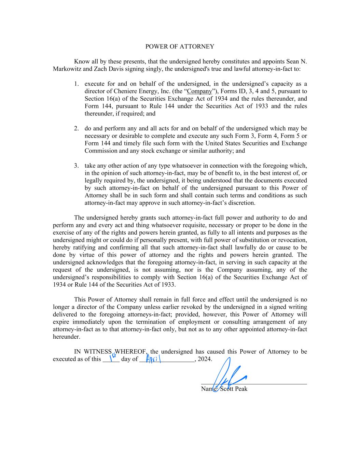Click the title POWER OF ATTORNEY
click(180, 46)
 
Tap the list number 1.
click(77, 84)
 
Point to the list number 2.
click(77, 129)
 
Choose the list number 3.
click(77, 166)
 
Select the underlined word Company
click(200, 91)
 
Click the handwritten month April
click(153, 359)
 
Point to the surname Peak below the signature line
click(241, 389)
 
